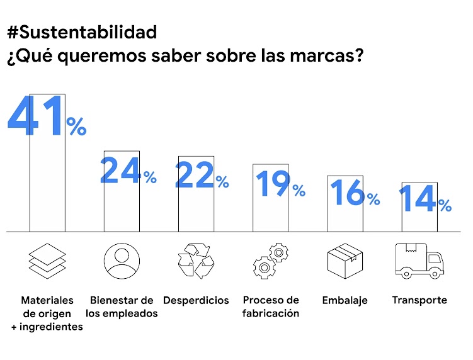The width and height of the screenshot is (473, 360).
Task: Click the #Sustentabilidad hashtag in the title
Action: tap(82, 32)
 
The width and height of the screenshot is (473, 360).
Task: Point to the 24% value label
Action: tap(128, 171)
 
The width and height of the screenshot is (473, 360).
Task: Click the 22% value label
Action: tap(202, 175)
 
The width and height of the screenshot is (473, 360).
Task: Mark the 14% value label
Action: tap(425, 200)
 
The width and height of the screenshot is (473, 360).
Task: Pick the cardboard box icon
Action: tap(345, 261)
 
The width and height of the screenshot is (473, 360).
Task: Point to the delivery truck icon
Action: tap(419, 261)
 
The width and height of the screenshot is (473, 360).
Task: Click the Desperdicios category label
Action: tap(196, 300)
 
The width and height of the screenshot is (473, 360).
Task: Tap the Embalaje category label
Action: tap(345, 300)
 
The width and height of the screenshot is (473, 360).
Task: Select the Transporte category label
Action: tap(419, 300)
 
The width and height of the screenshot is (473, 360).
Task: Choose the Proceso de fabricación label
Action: tap(271, 307)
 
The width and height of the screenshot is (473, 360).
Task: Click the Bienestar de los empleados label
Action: tap(122, 307)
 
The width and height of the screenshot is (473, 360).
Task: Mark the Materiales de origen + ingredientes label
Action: tap(47, 313)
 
